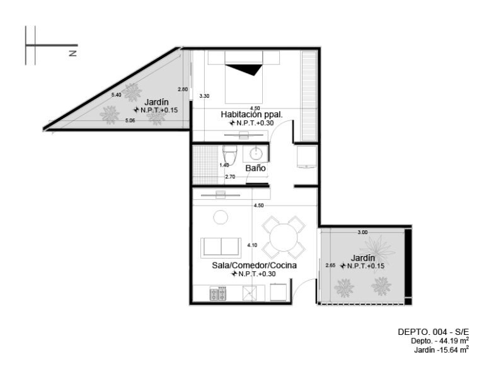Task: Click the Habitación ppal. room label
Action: click(x=251, y=115)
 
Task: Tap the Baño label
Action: click(x=256, y=168)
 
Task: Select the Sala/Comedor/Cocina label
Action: click(x=254, y=266)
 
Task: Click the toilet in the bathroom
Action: click(x=230, y=155)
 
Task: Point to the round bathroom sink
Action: click(x=256, y=153)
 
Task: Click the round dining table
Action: click(x=284, y=238)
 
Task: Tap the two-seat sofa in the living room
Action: click(x=221, y=248)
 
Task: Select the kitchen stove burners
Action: click(x=218, y=293)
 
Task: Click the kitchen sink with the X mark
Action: click(x=250, y=293)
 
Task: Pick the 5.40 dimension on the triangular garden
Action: click(x=117, y=95)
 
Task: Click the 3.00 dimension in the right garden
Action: click(x=363, y=232)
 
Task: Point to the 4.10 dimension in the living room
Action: click(x=252, y=245)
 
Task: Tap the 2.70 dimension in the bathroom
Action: click(x=230, y=177)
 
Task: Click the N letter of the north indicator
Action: click(x=73, y=53)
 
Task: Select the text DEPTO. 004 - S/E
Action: click(x=433, y=332)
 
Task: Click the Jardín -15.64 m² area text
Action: click(x=441, y=349)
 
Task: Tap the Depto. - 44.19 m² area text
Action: click(x=440, y=341)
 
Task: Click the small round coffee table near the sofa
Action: click(x=221, y=217)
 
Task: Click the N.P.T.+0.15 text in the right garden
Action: click(x=362, y=266)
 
